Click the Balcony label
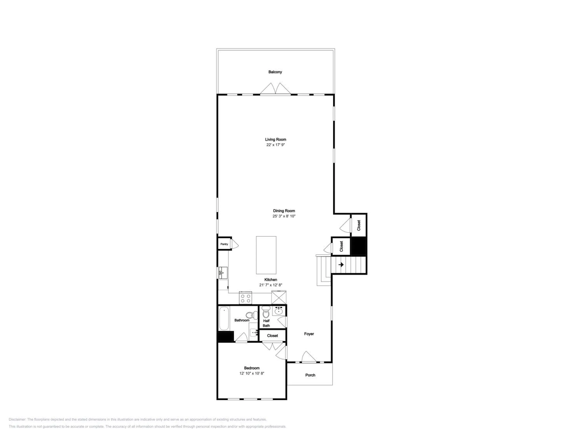coord(275,72)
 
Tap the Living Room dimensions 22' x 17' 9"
coord(275,145)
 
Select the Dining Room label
coord(284,211)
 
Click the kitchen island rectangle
coord(266,255)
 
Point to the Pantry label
coord(224,244)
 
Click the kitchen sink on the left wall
coord(223,273)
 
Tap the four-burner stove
coord(245,298)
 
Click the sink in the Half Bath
coord(279,311)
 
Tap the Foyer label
coord(309,334)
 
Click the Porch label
coord(310,375)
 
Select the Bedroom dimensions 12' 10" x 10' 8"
coord(252,373)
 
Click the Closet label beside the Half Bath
coord(272,336)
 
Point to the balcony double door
coord(275,89)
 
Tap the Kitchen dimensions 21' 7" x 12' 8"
coord(271,285)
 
